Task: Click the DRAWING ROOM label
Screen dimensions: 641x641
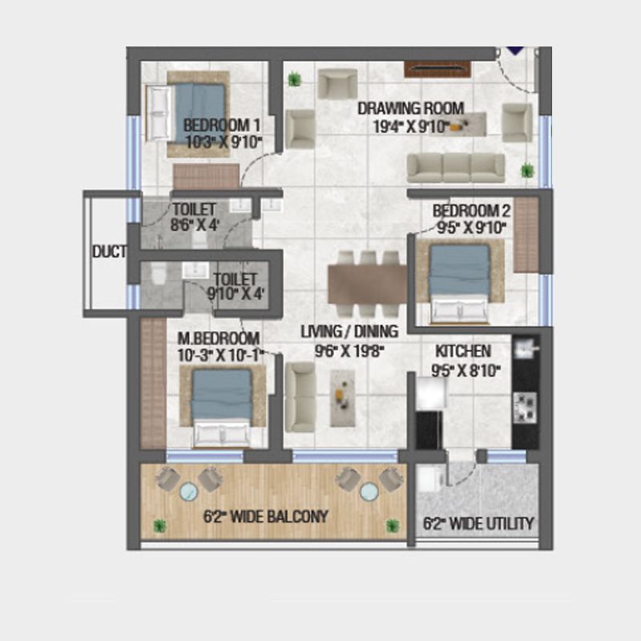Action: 410,109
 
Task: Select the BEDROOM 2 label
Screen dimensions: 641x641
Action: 471,212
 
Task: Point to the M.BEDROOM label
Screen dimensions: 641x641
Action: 219,337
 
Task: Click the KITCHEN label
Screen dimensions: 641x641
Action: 463,352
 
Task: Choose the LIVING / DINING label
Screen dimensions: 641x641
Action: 349,331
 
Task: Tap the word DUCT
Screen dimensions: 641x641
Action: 109,252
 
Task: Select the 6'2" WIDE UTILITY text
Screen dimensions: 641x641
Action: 478,524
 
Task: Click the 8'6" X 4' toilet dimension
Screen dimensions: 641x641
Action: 194,225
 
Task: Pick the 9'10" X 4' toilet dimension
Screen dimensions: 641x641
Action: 232,293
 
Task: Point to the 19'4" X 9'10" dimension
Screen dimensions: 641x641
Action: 409,126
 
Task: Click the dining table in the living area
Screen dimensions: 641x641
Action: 367,284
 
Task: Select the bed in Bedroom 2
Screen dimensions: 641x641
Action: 459,281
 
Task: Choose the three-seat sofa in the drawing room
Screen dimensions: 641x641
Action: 455,167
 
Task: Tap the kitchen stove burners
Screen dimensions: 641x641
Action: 525,406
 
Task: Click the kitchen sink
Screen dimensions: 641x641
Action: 525,347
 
